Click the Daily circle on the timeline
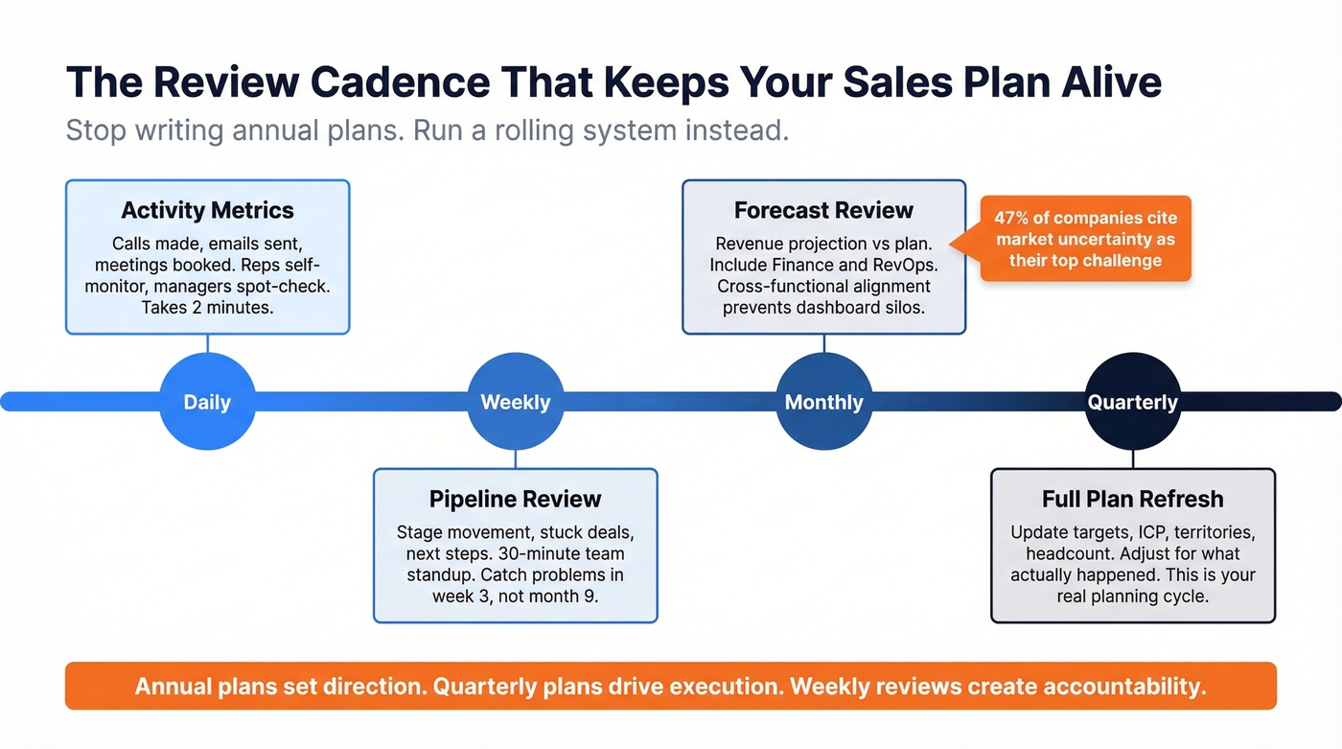[207, 401]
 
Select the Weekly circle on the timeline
[516, 401]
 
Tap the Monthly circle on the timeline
[823, 401]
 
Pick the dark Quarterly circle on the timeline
[1132, 401]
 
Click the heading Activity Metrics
[207, 210]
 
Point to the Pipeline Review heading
[515, 499]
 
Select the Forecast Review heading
[823, 210]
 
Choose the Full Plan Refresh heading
[1132, 499]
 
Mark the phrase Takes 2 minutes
[207, 308]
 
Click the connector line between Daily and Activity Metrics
[207, 343]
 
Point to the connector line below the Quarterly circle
[1132, 458]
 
